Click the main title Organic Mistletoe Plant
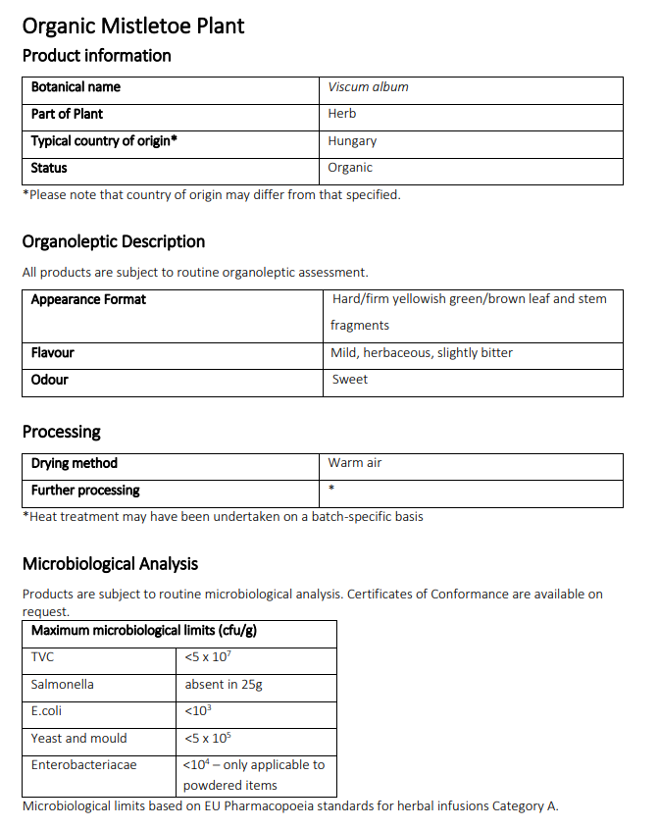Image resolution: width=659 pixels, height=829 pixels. (x=133, y=26)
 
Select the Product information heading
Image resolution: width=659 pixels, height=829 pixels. (x=96, y=56)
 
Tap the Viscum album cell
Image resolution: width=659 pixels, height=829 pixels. (x=368, y=87)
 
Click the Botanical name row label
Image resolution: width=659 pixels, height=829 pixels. (x=76, y=87)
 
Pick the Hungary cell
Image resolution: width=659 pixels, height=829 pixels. (x=352, y=141)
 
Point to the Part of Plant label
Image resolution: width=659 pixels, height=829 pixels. (x=67, y=114)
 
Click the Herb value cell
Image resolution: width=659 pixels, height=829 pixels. (x=342, y=114)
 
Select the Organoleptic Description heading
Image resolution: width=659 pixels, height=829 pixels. (x=114, y=241)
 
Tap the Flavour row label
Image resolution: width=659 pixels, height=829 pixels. (x=52, y=352)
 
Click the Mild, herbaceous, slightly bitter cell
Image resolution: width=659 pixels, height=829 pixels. (x=422, y=352)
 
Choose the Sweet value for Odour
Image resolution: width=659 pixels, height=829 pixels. (x=350, y=380)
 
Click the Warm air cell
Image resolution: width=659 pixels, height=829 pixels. (x=355, y=463)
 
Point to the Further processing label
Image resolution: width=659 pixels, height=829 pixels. (x=85, y=491)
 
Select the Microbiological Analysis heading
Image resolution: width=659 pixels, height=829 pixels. (x=110, y=564)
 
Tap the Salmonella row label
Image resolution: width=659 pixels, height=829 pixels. (x=62, y=684)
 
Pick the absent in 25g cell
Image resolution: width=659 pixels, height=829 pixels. (x=224, y=684)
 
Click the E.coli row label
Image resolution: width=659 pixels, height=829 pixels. (x=46, y=711)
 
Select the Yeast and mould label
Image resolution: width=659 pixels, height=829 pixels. (x=78, y=739)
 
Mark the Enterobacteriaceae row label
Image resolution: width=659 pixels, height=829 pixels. (x=83, y=765)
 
